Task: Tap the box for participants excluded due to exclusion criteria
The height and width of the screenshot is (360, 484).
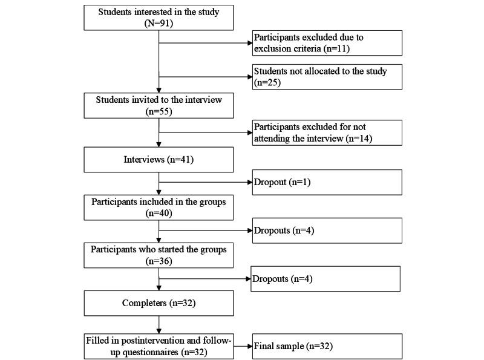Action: click(x=327, y=42)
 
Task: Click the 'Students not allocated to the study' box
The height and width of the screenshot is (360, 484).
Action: click(x=327, y=77)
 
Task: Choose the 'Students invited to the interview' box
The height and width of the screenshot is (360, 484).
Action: click(x=159, y=105)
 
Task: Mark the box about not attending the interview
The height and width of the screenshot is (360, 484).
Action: click(x=327, y=133)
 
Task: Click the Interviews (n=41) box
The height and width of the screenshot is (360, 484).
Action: click(x=159, y=160)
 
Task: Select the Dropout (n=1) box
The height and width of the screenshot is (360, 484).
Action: click(x=327, y=182)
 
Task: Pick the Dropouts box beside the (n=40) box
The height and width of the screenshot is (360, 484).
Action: click(x=327, y=230)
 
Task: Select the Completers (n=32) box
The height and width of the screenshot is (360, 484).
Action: click(x=159, y=303)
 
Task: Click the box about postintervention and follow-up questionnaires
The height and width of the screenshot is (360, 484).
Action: click(x=159, y=346)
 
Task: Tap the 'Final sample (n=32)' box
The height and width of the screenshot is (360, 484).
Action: click(x=327, y=347)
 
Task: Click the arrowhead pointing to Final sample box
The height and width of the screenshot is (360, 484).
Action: click(x=248, y=347)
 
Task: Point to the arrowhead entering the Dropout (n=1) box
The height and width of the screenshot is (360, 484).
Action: click(x=248, y=182)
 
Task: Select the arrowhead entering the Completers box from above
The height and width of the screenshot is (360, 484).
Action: click(x=159, y=288)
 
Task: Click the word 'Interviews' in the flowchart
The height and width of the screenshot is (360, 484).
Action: click(x=146, y=160)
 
